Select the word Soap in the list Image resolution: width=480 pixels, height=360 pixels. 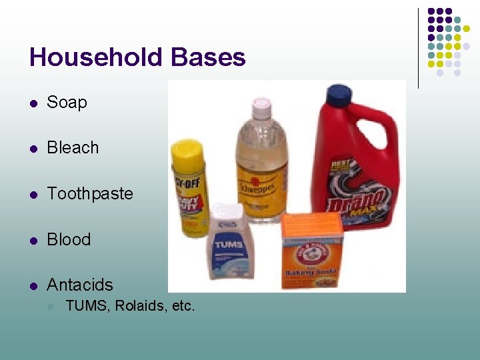pyautogui.click(x=67, y=103)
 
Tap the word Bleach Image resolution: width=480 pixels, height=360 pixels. pyautogui.click(x=73, y=148)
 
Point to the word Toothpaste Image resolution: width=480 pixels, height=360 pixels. pyautogui.click(x=90, y=194)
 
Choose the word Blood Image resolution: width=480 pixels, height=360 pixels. pyautogui.click(x=69, y=239)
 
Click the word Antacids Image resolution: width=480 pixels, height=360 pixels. pyautogui.click(x=80, y=285)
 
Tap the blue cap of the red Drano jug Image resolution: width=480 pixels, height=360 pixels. pyautogui.click(x=338, y=95)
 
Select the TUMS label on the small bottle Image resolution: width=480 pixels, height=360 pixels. pyautogui.click(x=229, y=245)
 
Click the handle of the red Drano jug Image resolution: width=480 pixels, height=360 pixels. pyautogui.click(x=387, y=137)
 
